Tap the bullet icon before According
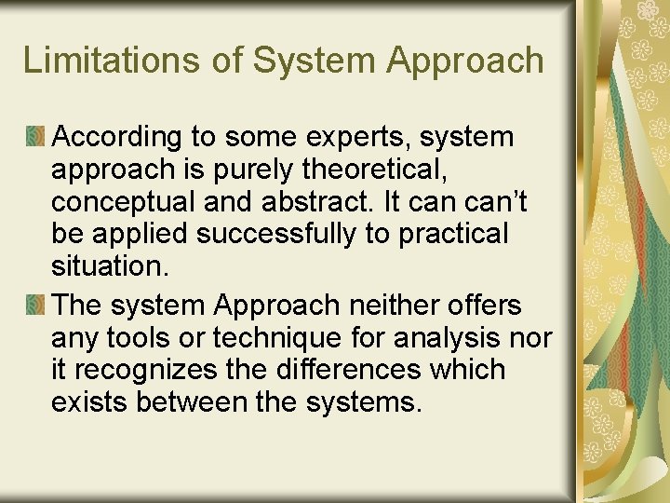(x=34, y=138)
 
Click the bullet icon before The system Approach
(x=34, y=306)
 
